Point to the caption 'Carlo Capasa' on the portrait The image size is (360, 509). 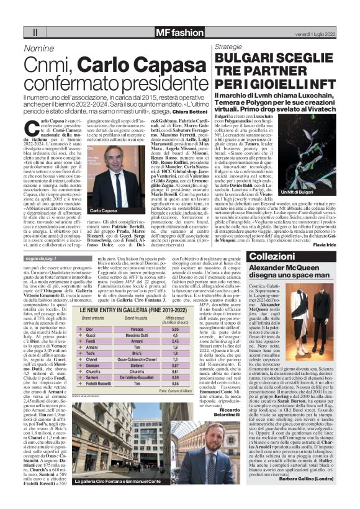tap(103, 210)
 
